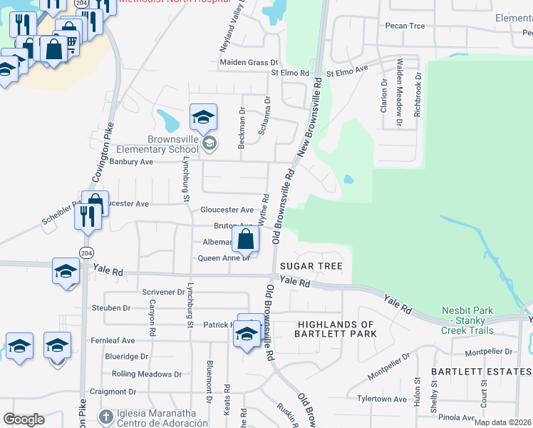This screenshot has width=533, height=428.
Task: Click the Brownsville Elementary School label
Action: click(x=162, y=144)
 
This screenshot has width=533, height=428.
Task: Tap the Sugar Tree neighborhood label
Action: click(x=311, y=266)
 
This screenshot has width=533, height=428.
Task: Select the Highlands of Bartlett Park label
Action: click(x=336, y=329)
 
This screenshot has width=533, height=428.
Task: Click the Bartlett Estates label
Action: click(x=481, y=372)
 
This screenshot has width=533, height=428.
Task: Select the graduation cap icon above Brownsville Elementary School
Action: click(x=203, y=117)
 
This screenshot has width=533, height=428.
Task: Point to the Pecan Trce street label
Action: click(x=405, y=26)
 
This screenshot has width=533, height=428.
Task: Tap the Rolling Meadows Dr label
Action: click(x=147, y=374)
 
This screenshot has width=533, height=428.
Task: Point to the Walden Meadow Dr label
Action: click(x=399, y=93)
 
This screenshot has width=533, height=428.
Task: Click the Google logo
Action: click(x=24, y=419)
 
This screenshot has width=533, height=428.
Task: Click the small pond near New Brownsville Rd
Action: click(x=348, y=179)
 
